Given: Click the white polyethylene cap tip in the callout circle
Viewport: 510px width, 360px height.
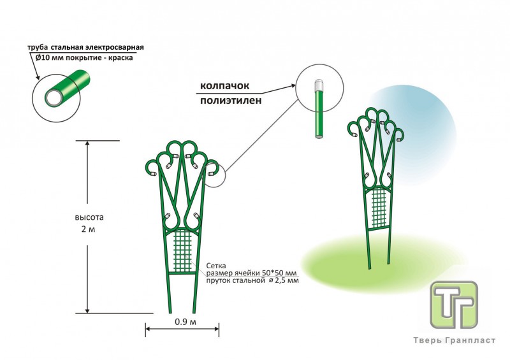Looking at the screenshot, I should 317,85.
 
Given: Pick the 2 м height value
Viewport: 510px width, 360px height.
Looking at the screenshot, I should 88,229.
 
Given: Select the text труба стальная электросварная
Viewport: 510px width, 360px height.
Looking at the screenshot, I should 85,47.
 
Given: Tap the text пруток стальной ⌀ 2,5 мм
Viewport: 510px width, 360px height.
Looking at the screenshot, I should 252,280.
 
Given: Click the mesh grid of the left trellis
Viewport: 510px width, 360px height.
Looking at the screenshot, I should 183,250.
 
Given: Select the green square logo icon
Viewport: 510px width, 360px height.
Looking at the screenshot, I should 453,305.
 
